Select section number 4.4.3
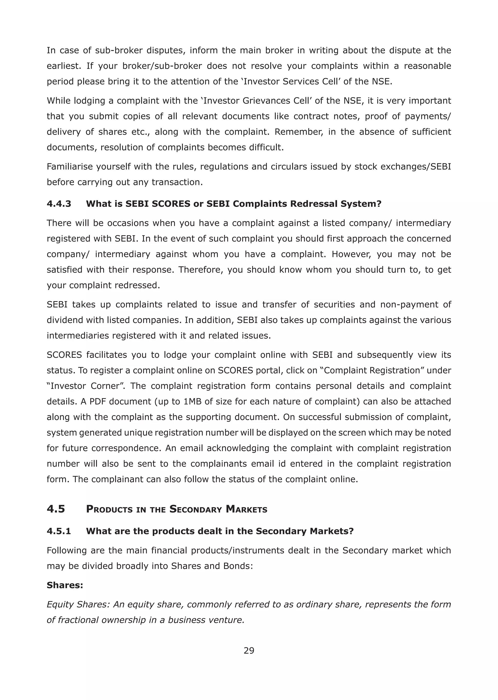click(x=59, y=204)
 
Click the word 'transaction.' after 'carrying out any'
click(x=177, y=182)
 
